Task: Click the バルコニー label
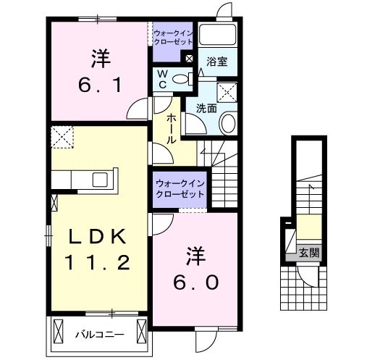pos(99,335)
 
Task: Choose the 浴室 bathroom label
pos(216,62)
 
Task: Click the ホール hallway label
pos(172,128)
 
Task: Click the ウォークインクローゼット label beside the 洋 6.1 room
pos(172,36)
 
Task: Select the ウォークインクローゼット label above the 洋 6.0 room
pos(178,190)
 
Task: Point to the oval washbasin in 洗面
pos(227,123)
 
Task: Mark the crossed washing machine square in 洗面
pos(229,91)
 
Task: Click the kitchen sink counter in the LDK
pos(93,178)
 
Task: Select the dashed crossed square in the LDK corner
pos(62,136)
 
